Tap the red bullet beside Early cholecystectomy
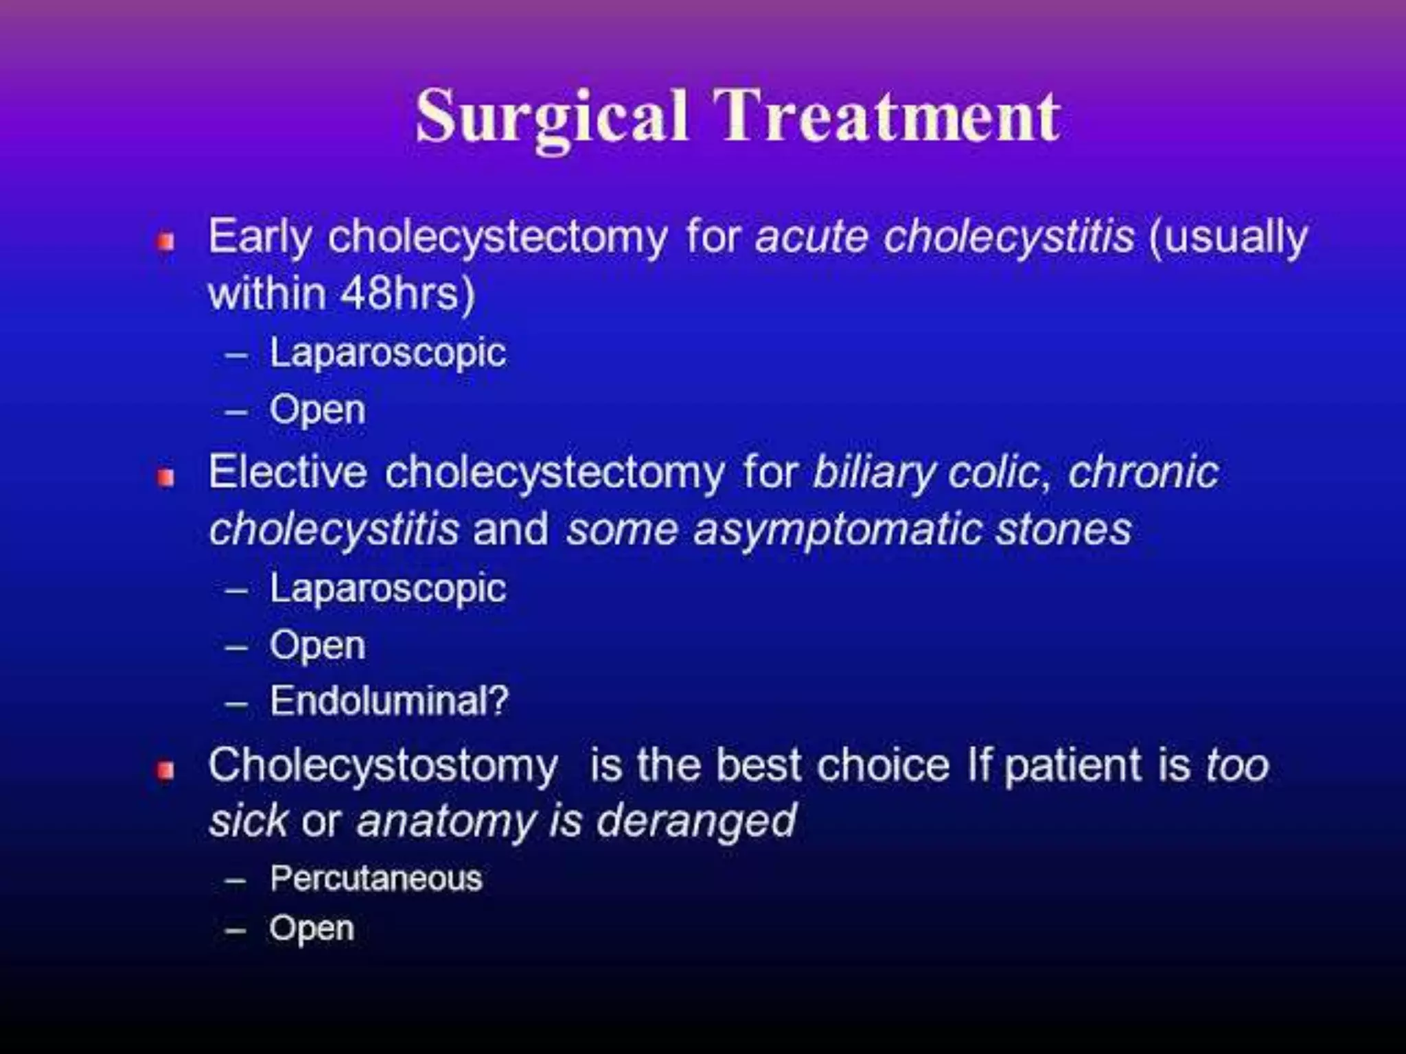point(165,242)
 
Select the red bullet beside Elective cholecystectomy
point(165,478)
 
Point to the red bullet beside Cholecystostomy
point(165,771)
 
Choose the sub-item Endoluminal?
point(389,701)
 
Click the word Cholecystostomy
point(382,766)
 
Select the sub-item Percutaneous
point(376,878)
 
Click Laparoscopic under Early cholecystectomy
point(388,353)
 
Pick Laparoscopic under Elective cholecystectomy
point(388,589)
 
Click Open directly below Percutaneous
point(312,929)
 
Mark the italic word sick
point(248,821)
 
